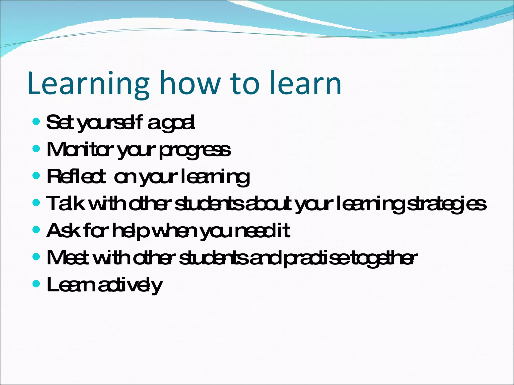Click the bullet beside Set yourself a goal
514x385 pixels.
click(x=36, y=122)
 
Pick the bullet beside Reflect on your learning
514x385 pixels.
click(x=36, y=176)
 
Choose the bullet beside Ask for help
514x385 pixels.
click(x=36, y=230)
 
